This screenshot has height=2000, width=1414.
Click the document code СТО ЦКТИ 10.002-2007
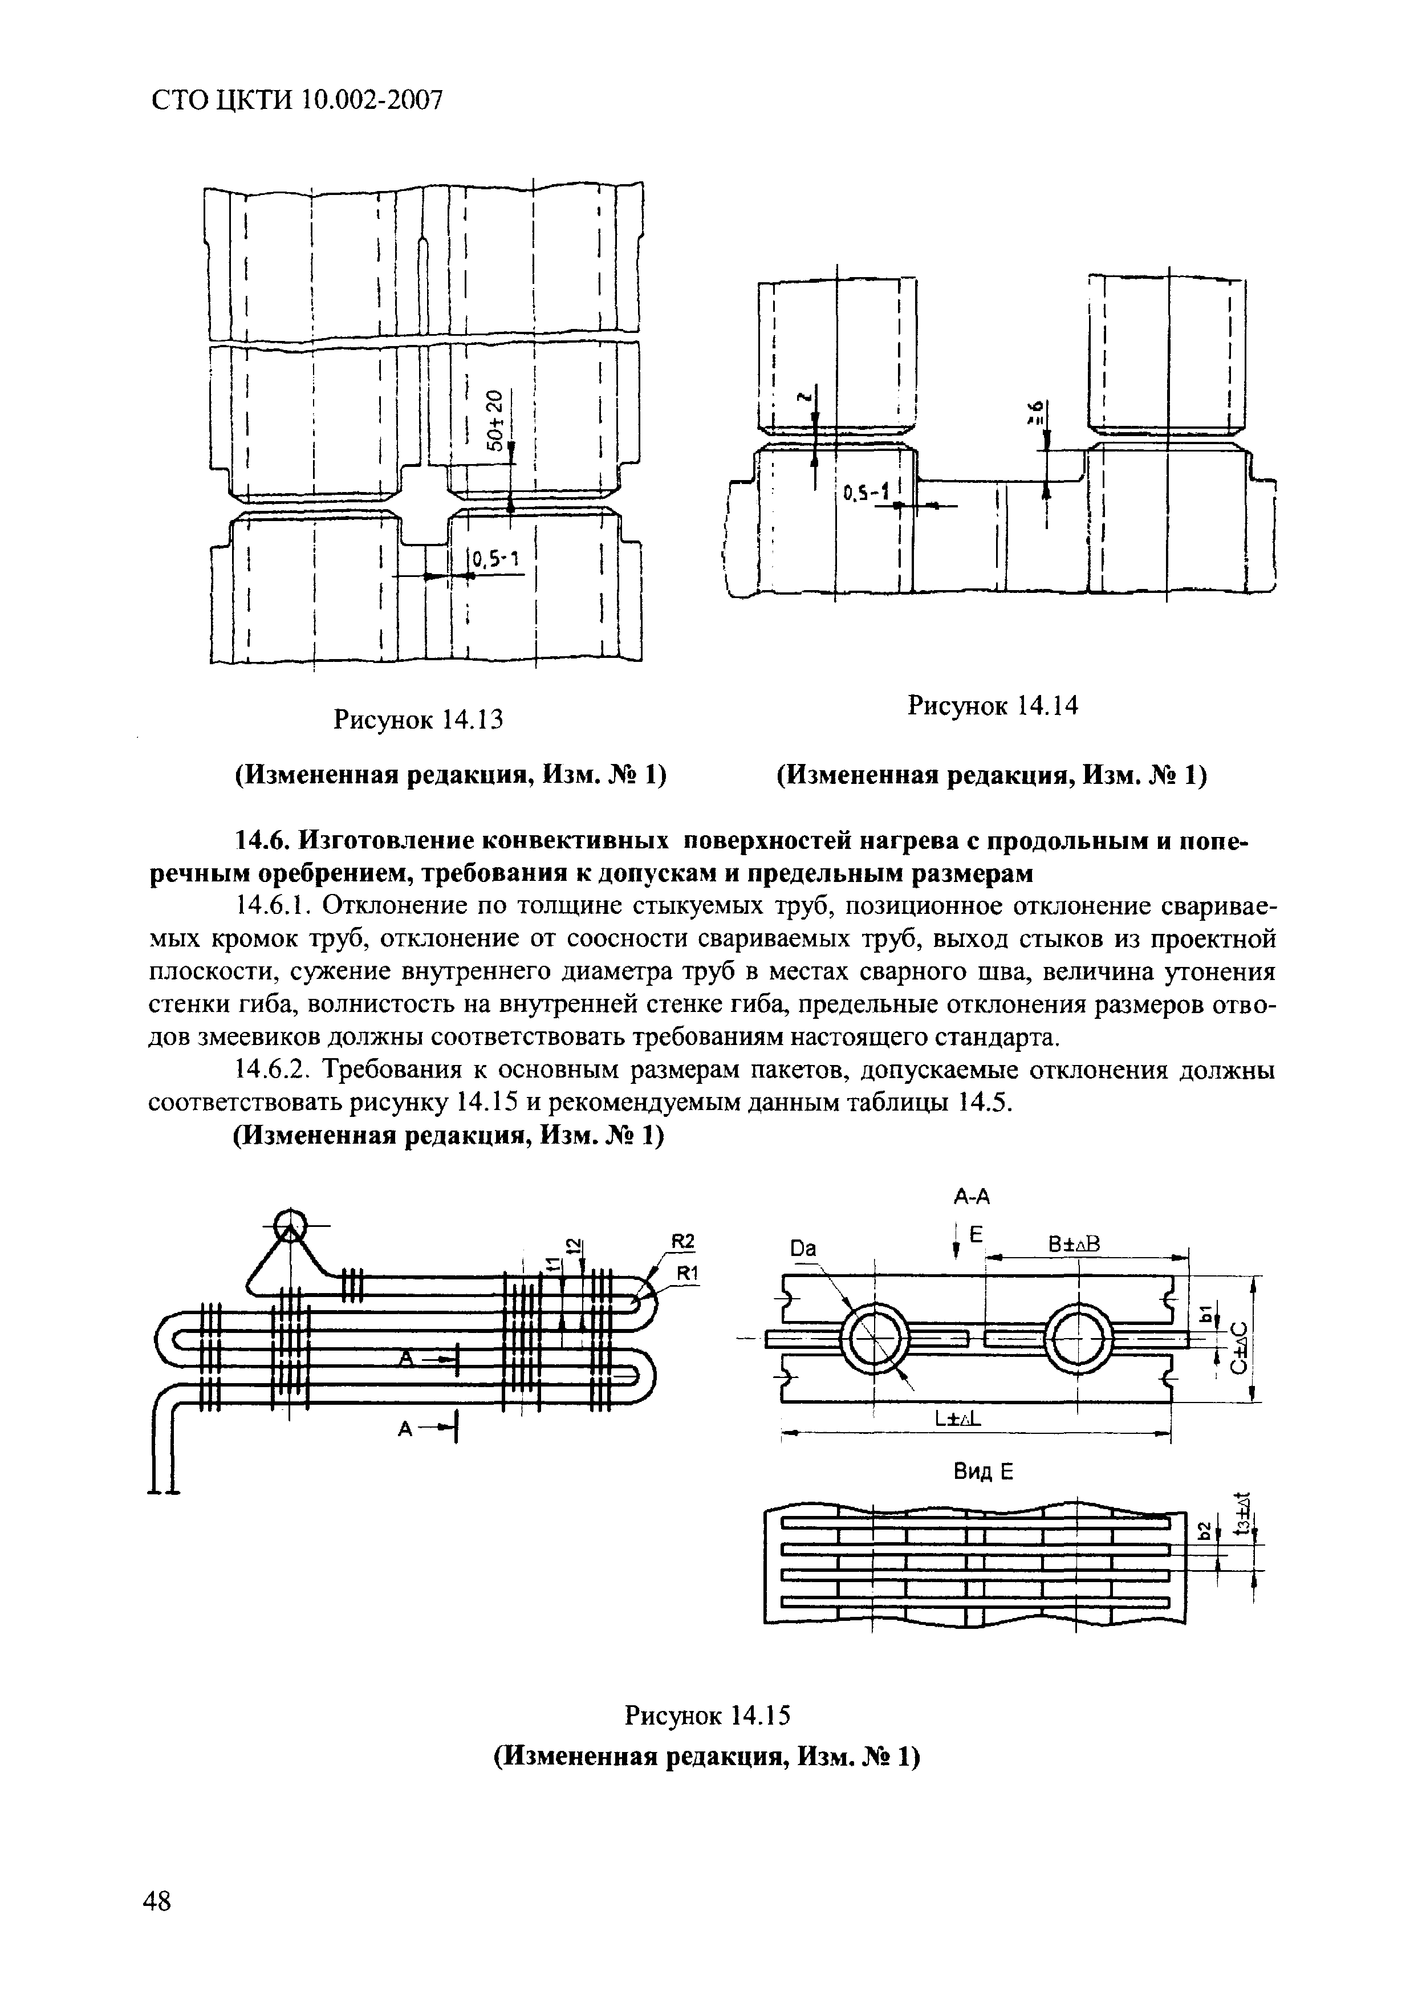297,101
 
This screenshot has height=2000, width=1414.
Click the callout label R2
685,1241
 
